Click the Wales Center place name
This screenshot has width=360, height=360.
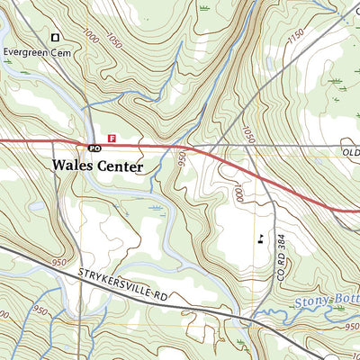pos(98,166)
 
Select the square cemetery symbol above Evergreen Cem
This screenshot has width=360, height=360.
pos(56,37)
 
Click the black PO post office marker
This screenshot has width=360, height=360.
pos(93,147)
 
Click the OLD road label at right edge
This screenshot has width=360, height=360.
pos(351,154)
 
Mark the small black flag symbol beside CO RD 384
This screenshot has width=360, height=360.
pos(260,238)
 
